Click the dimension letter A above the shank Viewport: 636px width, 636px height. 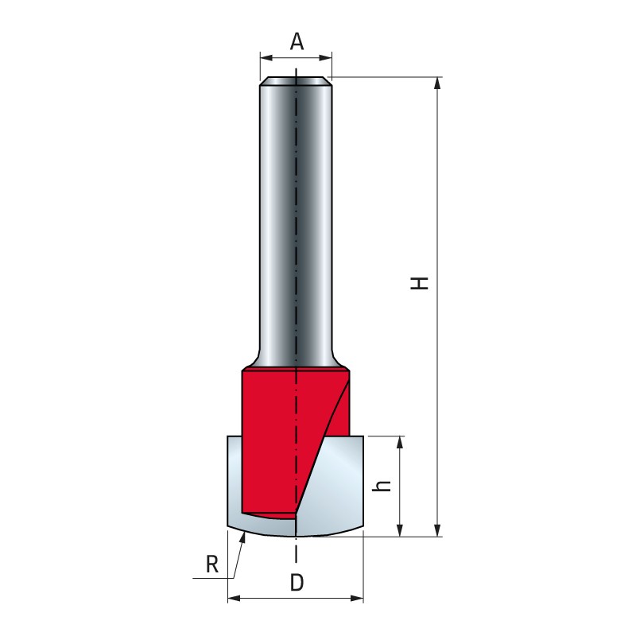pyautogui.click(x=297, y=41)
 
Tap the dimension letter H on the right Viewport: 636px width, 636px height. pyautogui.click(x=420, y=283)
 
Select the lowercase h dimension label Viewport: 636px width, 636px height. pyautogui.click(x=382, y=486)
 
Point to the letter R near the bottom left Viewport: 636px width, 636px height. pyautogui.click(x=212, y=564)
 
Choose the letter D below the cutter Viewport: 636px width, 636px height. pyautogui.click(x=297, y=584)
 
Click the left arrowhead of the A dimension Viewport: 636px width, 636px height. pyautogui.click(x=266, y=58)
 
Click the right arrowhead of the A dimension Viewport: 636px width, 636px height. pyautogui.click(x=326, y=58)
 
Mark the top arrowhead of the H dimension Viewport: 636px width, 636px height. pyautogui.click(x=437, y=83)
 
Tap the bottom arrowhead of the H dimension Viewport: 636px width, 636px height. pyautogui.click(x=437, y=530)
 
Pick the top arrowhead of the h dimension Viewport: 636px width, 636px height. pyautogui.click(x=401, y=442)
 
